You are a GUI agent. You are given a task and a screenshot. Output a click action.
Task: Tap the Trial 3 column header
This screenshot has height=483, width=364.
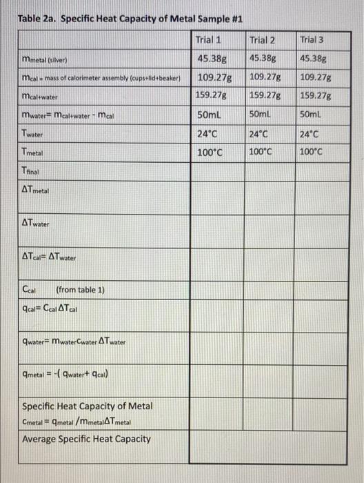(x=315, y=39)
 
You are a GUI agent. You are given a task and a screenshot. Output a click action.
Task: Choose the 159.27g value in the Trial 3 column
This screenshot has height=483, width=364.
(x=318, y=95)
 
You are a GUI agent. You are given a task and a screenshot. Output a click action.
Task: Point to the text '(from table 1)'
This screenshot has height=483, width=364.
(x=80, y=289)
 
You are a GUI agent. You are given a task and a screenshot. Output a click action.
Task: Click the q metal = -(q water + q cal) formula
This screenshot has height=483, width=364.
(x=69, y=375)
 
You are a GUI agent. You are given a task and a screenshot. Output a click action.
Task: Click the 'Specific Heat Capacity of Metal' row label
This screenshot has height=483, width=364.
(x=88, y=406)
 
